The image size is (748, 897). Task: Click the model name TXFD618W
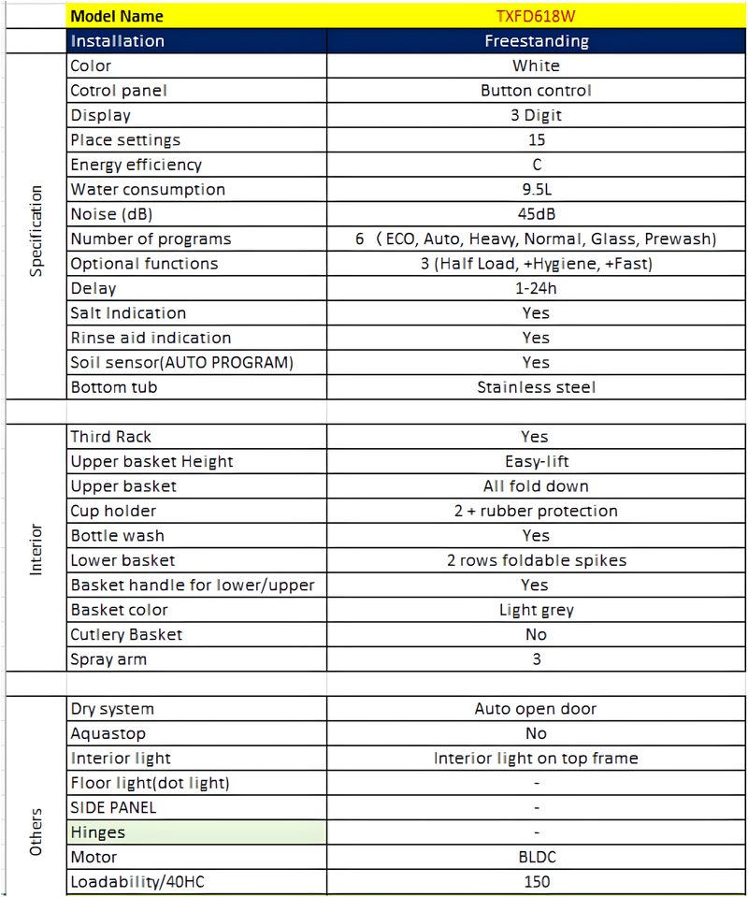pos(536,16)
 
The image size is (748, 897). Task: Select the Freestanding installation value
pos(536,41)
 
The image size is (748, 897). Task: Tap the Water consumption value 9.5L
pos(536,190)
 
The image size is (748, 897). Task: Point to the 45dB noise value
pos(536,214)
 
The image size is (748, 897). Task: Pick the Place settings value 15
pos(536,140)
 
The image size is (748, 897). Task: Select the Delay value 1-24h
pos(536,288)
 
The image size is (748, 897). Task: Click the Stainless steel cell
pos(536,387)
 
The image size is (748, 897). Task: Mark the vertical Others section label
pos(36,832)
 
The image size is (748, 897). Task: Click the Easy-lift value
pos(536,461)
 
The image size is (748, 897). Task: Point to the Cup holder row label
pos(113,511)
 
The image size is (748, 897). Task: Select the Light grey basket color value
pos(536,610)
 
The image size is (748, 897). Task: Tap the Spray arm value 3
pos(536,659)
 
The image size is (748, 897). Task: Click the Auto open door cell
pos(536,709)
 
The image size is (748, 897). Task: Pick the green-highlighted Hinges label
pos(98,832)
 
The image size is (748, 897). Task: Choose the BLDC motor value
pos(536,857)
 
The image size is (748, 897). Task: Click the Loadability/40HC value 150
pos(536,881)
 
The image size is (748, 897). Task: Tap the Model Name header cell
pos(117,16)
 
